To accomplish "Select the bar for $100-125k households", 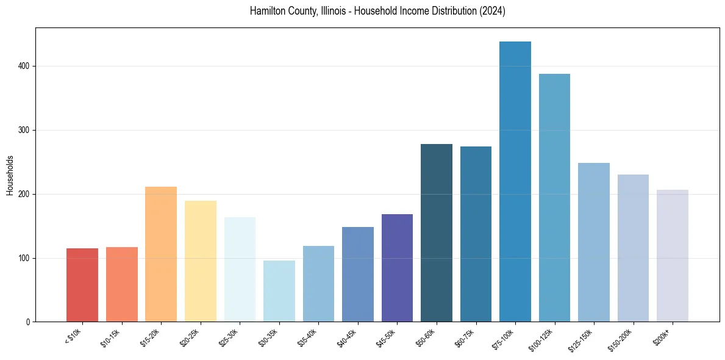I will coord(554,198).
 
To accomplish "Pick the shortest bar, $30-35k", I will coord(279,291).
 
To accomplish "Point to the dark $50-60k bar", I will coord(436,232).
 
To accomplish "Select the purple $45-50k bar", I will coord(397,268).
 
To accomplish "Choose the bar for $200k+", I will coord(672,256).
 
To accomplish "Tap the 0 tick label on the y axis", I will coord(29,322).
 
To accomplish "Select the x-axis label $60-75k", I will coord(464,337).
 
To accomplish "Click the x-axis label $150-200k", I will coord(620,339).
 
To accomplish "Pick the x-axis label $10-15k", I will coord(110,337).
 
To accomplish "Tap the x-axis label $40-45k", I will coord(346,337).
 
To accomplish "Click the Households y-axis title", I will coord(10,175).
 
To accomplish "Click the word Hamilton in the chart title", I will coord(268,11).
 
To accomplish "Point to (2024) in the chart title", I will coord(491,11).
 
